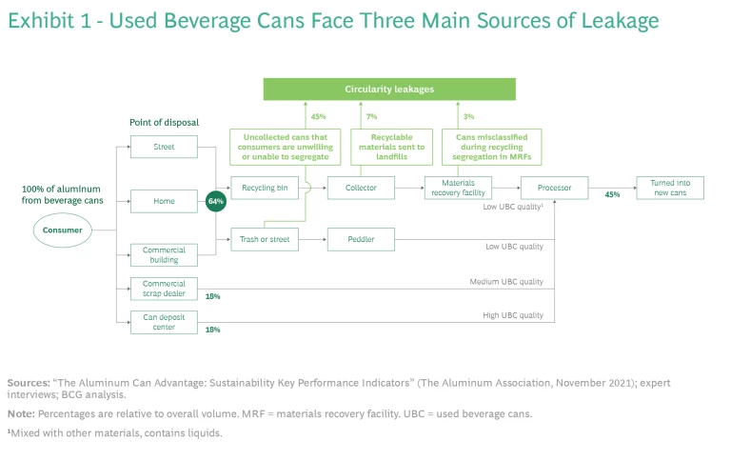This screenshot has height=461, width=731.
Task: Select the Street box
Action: tap(164, 147)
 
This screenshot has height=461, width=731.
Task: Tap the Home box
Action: tap(164, 201)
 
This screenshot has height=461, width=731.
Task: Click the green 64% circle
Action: tap(215, 202)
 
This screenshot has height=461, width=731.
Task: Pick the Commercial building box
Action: tap(164, 255)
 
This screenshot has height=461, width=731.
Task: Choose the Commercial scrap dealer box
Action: tap(164, 289)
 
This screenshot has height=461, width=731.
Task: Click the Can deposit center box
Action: tap(164, 323)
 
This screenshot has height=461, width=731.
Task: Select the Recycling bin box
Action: tap(265, 188)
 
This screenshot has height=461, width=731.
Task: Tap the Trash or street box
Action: tap(265, 239)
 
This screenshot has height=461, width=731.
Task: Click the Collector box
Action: tap(361, 188)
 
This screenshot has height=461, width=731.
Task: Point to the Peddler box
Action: tap(361, 239)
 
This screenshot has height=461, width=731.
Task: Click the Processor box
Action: tap(554, 188)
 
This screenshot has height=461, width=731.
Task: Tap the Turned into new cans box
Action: tap(670, 188)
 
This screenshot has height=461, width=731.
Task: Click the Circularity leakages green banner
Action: tap(389, 90)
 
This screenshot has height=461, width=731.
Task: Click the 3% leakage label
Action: tap(468, 117)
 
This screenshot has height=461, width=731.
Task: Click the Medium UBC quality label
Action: tap(505, 282)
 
